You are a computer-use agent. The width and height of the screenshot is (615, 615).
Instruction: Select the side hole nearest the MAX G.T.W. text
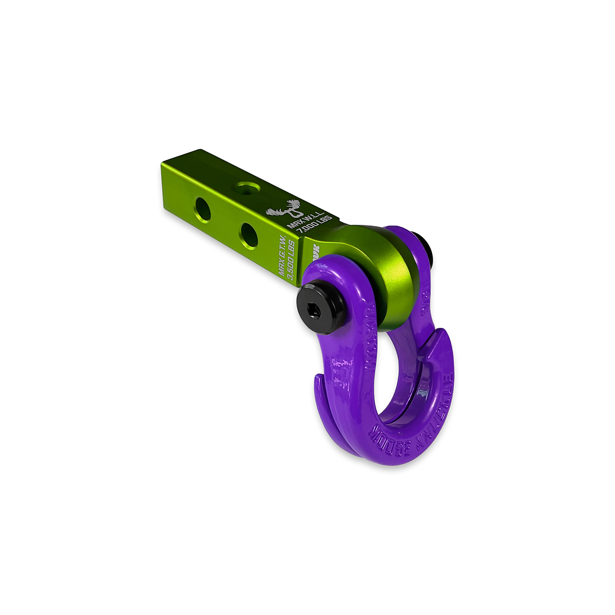point(249,235)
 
